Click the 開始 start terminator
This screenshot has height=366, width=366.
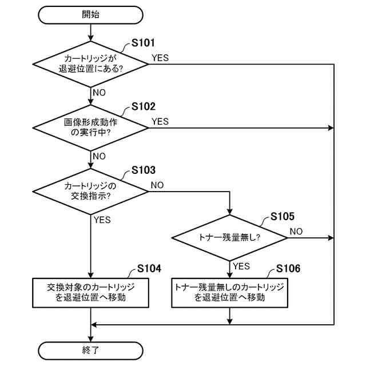coord(90,15)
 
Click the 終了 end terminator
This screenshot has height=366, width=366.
coord(90,351)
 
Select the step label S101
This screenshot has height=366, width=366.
coord(143,43)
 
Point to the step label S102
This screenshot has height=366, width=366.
coord(144,107)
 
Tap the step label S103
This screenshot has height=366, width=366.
coord(144,170)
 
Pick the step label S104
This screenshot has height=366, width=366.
coord(149,268)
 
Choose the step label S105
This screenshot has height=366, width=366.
coord(283,216)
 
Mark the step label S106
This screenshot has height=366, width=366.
coord(288,268)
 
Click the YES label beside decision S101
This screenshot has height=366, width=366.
coord(160,58)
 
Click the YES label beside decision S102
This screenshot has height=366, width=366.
coord(160,122)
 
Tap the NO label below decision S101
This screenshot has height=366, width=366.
coord(99,93)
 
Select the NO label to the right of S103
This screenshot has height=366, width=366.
coord(157,185)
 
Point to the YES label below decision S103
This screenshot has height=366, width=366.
coord(102,220)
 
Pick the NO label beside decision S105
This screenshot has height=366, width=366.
coord(296,232)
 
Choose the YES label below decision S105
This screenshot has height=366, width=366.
coord(241,266)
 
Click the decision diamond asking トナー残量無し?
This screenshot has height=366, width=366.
coord(230,238)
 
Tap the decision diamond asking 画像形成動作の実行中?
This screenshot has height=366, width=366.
coord(90,128)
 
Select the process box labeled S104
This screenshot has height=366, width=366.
coord(90,293)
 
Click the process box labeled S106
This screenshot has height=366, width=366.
coord(230,293)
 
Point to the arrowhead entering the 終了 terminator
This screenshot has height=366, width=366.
coord(90,339)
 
